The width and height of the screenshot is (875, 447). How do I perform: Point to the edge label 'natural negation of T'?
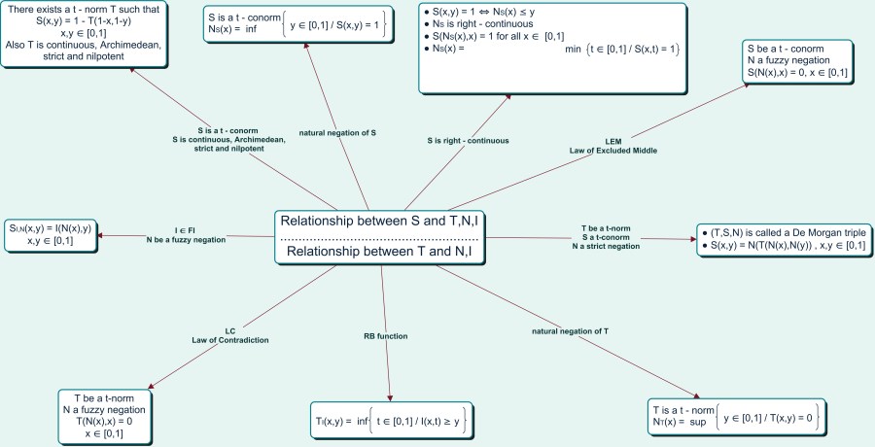click(572, 331)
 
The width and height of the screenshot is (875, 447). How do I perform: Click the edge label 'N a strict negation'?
click(605, 247)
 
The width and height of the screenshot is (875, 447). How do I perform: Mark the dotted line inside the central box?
click(381, 237)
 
